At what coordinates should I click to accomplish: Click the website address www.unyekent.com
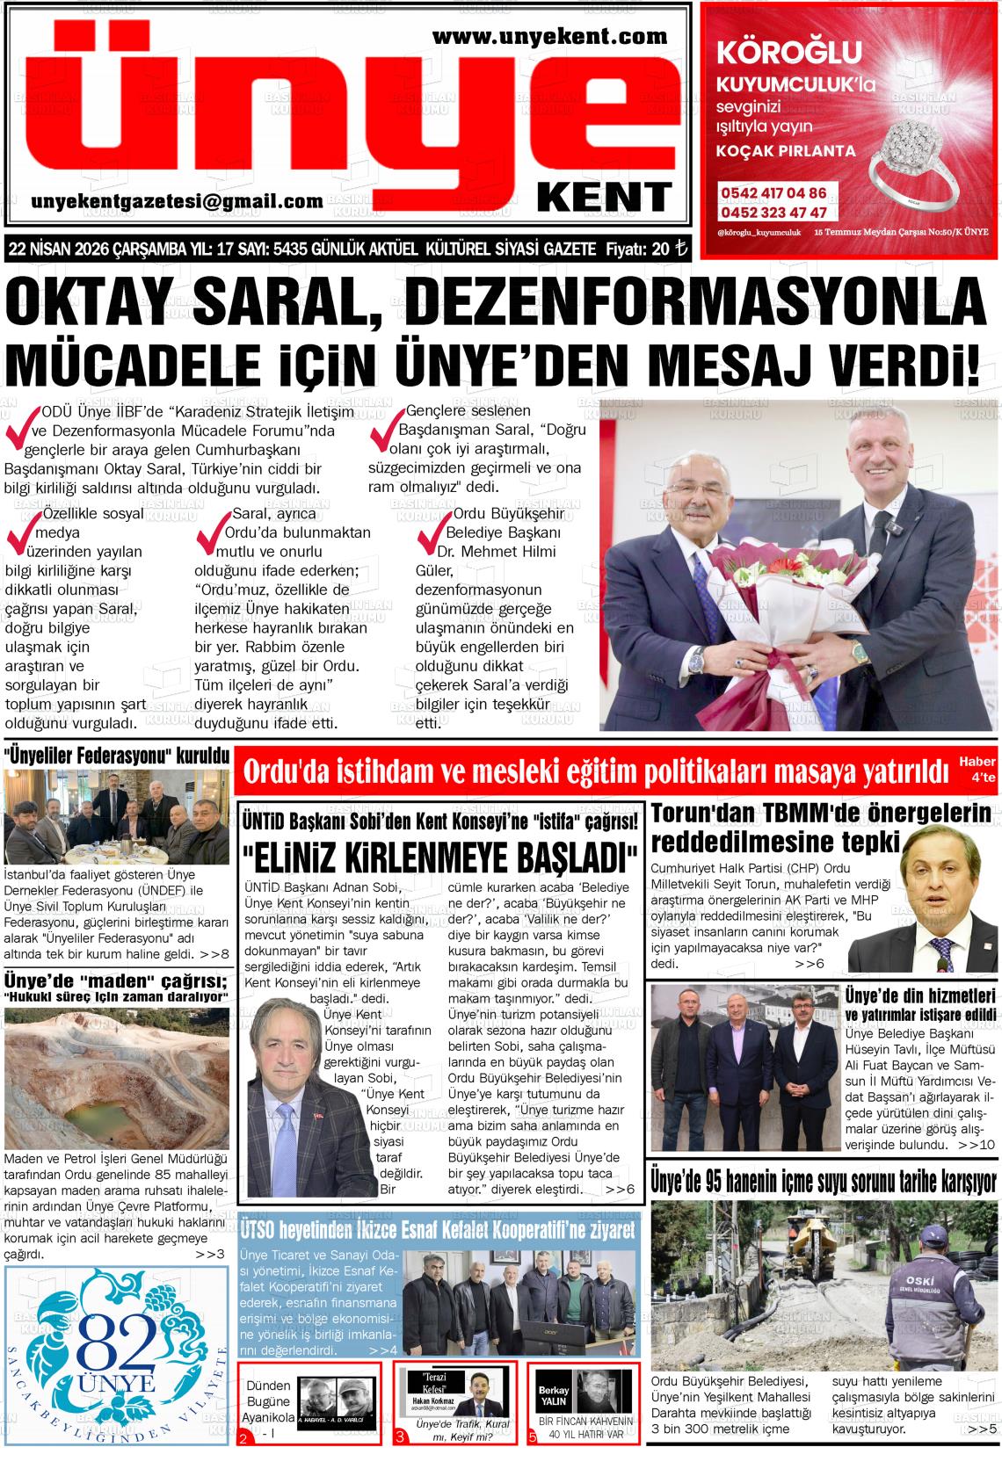point(550,36)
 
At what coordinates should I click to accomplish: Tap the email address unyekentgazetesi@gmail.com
point(177,201)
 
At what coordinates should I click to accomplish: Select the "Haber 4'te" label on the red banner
point(977,768)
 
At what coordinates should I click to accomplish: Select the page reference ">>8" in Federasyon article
point(214,953)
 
